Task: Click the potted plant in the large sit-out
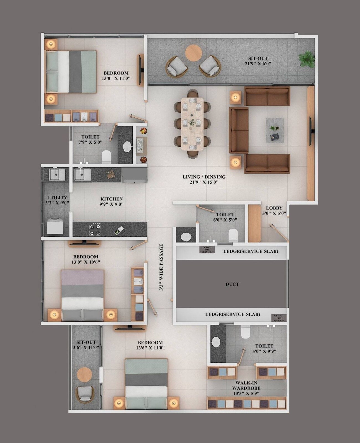(x=307, y=59)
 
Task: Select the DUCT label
(x=232, y=284)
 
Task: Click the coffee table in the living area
(x=275, y=130)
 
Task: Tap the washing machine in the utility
(x=55, y=226)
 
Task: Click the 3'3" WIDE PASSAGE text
(x=161, y=267)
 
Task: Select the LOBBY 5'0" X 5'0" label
(x=274, y=210)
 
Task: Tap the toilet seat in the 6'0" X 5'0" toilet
(x=233, y=235)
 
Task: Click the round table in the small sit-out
(x=84, y=375)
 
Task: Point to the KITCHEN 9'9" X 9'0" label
(x=111, y=201)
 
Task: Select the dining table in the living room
(x=192, y=124)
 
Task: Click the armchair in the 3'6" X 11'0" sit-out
(x=85, y=394)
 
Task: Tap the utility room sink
(x=57, y=174)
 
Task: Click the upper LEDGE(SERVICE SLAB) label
(x=251, y=251)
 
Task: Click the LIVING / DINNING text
(x=204, y=179)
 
